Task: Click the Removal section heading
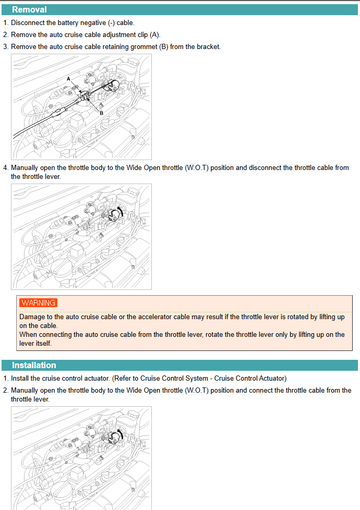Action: tap(29, 10)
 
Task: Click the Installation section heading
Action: tap(34, 365)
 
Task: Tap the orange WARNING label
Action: tap(38, 303)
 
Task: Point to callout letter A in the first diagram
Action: tap(68, 79)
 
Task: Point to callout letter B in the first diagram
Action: tap(102, 113)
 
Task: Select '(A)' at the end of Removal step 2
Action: tap(155, 35)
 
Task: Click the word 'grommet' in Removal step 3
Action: tap(144, 47)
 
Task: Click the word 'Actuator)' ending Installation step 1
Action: tap(273, 378)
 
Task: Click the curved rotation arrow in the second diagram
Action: tap(120, 211)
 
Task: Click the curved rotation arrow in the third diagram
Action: tap(120, 434)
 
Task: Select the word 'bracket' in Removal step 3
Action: tap(208, 47)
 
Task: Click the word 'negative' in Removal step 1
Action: tap(93, 23)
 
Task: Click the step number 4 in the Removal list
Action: tap(5, 167)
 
